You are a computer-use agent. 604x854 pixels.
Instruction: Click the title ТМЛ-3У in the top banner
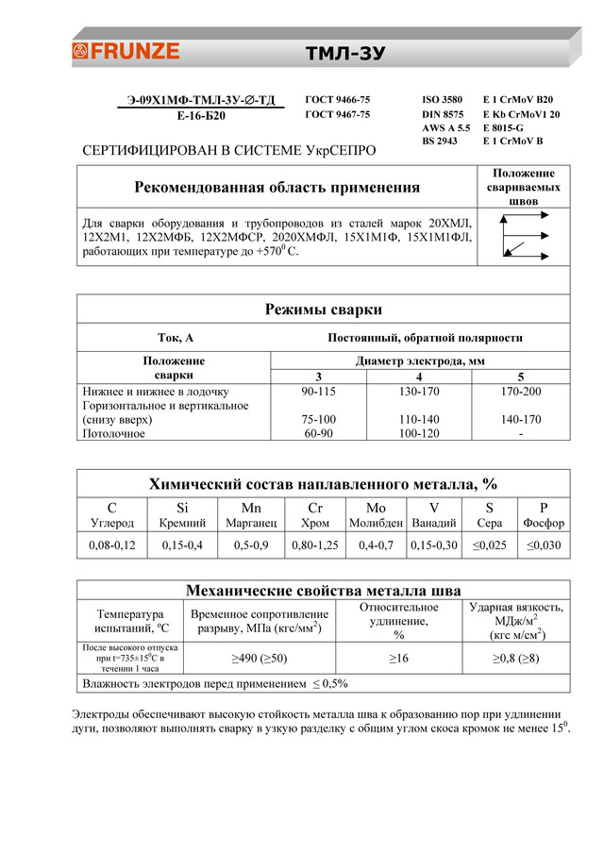(345, 53)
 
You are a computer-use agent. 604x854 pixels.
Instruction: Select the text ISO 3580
(443, 99)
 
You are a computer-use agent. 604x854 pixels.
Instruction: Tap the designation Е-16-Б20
(201, 116)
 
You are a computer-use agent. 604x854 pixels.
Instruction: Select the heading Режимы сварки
(324, 310)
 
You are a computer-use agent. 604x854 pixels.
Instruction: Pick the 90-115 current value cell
(318, 391)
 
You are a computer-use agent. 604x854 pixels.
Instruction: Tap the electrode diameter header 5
(520, 377)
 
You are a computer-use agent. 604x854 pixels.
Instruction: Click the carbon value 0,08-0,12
(112, 545)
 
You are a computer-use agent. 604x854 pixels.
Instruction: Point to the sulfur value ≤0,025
(489, 545)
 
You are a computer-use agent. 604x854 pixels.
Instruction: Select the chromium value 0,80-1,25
(313, 545)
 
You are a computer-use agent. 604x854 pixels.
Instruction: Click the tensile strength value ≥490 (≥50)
(260, 657)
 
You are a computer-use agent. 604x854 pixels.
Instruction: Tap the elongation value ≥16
(398, 657)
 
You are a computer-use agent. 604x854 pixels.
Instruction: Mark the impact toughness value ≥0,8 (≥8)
(516, 657)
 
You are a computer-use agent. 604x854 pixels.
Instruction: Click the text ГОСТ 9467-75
(338, 114)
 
